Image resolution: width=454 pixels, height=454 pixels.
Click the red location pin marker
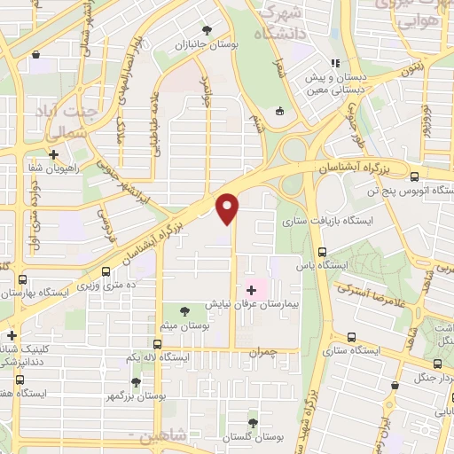[229, 207]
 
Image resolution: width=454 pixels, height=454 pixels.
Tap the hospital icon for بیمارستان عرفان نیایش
[252, 290]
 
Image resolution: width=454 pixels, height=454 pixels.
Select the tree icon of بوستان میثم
[184, 311]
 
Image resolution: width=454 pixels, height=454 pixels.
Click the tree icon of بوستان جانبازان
[207, 30]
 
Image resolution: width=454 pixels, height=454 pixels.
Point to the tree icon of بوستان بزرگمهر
[136, 383]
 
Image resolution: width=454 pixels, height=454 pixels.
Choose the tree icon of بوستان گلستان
[254, 422]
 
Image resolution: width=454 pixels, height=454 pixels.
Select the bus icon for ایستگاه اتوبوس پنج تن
[417, 175]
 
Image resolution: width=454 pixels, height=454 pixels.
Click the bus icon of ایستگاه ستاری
[351, 337]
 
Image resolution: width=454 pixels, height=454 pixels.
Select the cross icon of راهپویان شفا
[54, 154]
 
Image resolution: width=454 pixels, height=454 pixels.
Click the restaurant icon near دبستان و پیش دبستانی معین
[335, 63]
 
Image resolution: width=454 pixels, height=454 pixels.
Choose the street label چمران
[263, 352]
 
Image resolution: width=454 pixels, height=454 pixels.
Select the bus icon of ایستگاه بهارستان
[19, 278]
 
